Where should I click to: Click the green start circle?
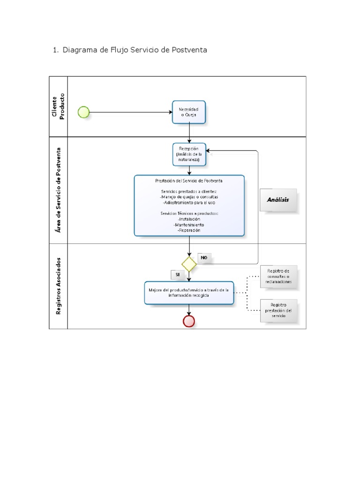pos(83,112)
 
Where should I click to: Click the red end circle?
pos(189,321)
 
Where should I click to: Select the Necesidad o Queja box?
pos(189,112)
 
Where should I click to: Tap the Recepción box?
pos(189,154)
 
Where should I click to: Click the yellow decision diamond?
pos(189,264)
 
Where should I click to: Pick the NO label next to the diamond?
pos(204,258)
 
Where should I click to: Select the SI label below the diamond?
pos(178,275)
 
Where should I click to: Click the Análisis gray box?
pos(278,200)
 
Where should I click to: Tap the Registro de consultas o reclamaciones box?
pos(278,277)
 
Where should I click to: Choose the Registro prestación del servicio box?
pos(278,310)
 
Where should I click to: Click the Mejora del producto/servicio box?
pos(189,293)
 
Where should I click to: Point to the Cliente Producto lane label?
pos(59,106)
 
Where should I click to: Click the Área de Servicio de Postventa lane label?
pos(59,190)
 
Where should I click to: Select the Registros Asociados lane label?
pos(59,285)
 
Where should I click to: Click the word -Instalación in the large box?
pos(189,219)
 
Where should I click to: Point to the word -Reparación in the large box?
pos(189,230)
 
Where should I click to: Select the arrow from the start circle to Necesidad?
pos(131,112)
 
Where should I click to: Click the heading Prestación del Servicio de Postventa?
pos(189,180)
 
